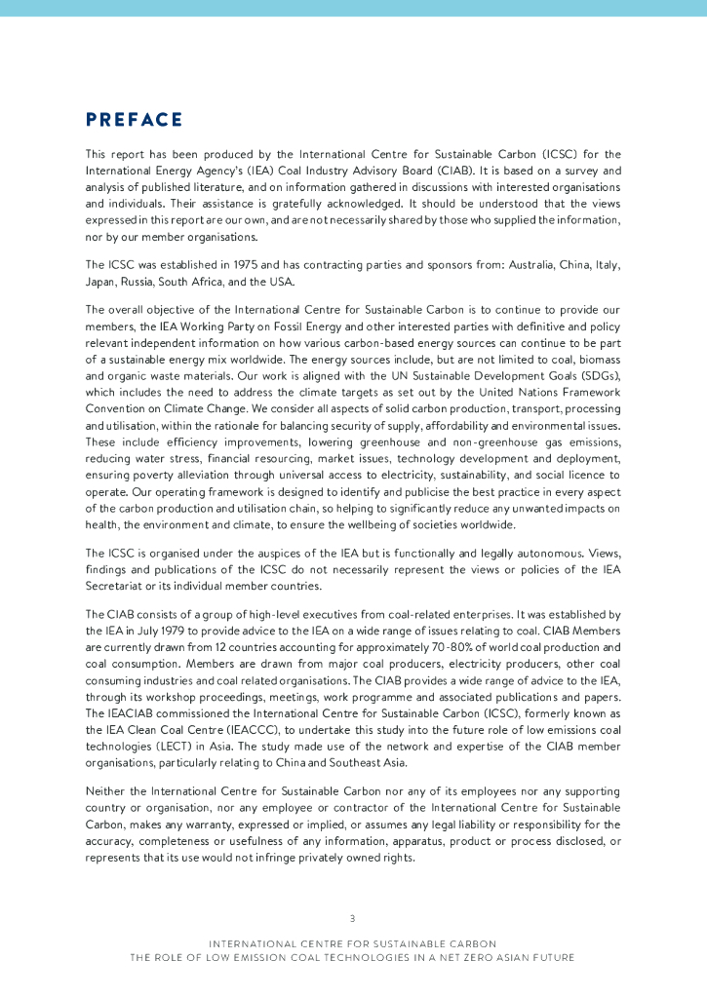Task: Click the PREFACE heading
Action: point(134,120)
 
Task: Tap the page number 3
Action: point(352,918)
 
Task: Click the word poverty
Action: point(146,475)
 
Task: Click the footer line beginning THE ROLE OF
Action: point(352,957)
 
